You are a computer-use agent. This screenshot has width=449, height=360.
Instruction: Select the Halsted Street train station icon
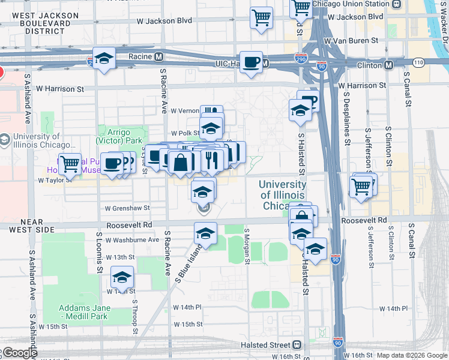(296, 345)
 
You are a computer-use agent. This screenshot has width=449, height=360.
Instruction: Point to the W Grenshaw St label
(127, 208)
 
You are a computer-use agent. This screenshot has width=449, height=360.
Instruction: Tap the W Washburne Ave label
(132, 239)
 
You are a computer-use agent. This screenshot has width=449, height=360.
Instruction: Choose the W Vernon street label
(184, 111)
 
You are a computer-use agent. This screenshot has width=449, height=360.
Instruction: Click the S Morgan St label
(247, 245)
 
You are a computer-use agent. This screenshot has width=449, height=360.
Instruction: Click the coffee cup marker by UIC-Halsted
(251, 61)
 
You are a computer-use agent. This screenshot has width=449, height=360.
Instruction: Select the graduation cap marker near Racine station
(104, 59)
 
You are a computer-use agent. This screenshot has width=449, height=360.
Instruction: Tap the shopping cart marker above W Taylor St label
(70, 163)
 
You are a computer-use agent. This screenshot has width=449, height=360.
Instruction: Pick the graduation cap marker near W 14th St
(122, 277)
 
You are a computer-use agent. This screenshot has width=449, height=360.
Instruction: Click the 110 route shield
(418, 62)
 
